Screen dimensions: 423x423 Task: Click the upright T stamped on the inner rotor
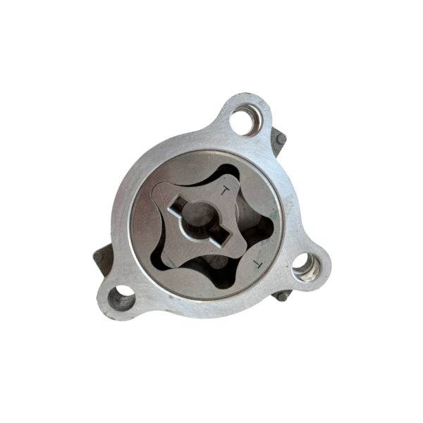tap(225, 191)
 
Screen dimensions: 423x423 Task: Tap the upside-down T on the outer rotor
tap(257, 264)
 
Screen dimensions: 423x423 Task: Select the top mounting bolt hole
tap(246, 120)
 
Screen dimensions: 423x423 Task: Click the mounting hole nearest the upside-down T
tap(307, 267)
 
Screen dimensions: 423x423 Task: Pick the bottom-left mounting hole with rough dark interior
tap(121, 298)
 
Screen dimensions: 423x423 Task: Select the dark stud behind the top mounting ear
tap(281, 139)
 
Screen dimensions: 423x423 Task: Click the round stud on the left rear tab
tap(98, 257)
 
